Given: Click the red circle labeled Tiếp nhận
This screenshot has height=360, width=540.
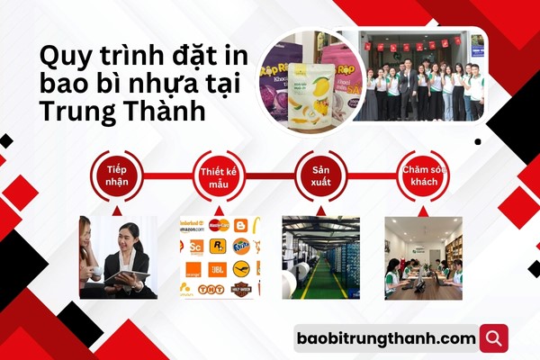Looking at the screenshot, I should point(116,175).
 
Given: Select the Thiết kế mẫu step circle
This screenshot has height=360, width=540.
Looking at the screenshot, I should point(219,175).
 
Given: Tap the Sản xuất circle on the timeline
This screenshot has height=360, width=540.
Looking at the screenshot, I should point(321,175).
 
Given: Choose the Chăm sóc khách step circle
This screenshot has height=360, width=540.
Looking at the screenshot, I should point(425,175).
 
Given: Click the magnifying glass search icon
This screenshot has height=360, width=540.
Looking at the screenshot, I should point(493,338).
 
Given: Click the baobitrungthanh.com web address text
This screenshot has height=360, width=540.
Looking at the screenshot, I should point(385,338).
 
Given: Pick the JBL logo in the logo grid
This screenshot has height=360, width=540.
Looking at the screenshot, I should point(219,267).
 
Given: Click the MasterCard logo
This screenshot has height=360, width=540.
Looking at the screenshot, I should point(218,225).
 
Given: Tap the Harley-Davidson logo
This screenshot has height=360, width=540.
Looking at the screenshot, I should point(240,289).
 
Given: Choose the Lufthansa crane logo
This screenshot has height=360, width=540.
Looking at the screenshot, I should point(240,267).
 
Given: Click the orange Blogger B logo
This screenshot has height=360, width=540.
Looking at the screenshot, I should point(240,225).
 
